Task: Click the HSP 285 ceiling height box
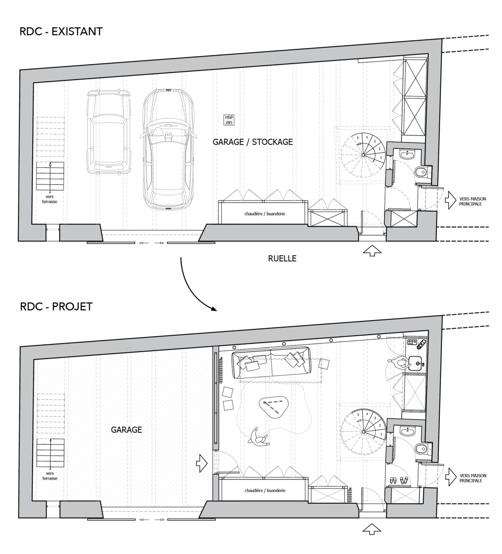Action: coord(229,120)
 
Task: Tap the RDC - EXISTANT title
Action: coord(61,31)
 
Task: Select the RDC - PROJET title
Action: coord(56,307)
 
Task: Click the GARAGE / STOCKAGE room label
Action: coord(253,142)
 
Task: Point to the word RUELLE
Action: coord(282,259)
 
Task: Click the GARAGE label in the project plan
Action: coord(126,430)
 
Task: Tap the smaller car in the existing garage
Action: coord(108,132)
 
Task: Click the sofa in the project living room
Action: coord(272,363)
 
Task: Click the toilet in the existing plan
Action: coord(420,172)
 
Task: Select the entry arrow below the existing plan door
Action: coord(372,251)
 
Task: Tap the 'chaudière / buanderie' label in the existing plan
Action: coord(264,214)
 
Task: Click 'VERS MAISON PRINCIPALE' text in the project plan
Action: coord(473,478)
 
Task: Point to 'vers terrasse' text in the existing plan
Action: coord(50,199)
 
